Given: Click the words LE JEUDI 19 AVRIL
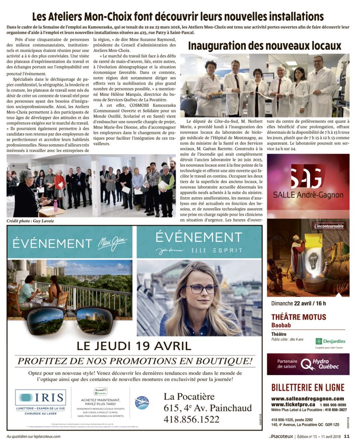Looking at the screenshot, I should tap(134, 346).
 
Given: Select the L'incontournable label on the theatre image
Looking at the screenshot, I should tap(329, 226).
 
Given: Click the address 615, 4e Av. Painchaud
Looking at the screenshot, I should tap(208, 408).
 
